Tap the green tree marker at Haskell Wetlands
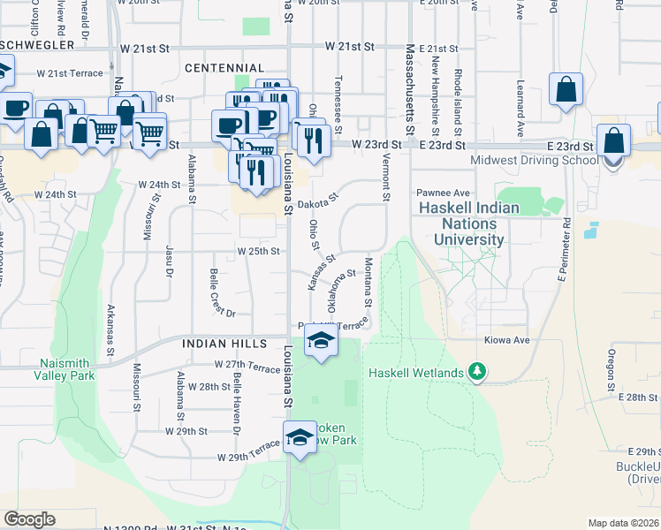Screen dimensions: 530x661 tap(477, 373)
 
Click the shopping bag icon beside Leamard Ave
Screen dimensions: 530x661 tap(566, 89)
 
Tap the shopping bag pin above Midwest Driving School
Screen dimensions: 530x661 tap(613, 141)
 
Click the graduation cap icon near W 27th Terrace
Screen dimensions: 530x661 tap(322, 342)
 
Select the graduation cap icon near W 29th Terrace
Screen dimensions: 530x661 tap(300, 437)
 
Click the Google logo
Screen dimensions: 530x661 tap(29, 519)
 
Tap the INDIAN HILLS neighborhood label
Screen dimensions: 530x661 tap(224, 342)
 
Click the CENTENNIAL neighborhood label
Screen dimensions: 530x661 tap(224, 68)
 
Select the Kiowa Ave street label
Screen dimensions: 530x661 tap(506, 340)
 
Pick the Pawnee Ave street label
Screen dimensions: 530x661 tap(438, 193)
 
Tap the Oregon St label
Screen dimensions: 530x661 tap(611, 370)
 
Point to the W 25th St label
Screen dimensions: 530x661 tap(258, 251)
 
